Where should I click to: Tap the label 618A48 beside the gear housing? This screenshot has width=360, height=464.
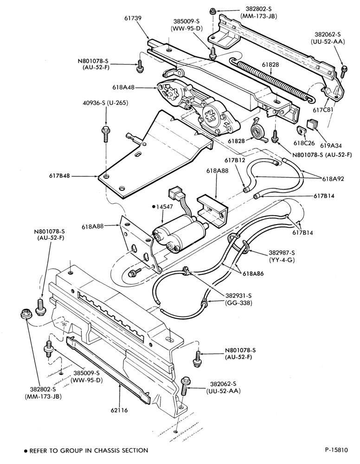124,87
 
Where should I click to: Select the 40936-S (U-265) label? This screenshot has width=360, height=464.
105,103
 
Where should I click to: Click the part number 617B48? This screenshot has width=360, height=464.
59,176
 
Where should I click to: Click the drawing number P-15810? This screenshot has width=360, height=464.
336,450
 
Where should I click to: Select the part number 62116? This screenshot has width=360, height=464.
120,410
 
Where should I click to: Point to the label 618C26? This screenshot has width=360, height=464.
304,143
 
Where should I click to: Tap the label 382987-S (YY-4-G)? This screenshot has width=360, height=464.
282,256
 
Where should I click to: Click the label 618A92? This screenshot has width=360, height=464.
333,179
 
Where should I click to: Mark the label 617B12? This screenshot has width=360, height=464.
235,160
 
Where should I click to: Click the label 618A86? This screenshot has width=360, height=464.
253,274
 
